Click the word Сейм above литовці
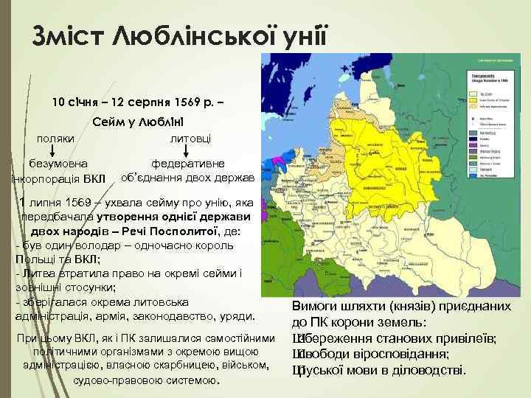click(x=111, y=120)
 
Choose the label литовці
click(x=190, y=139)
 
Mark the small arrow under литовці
click(x=185, y=150)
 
